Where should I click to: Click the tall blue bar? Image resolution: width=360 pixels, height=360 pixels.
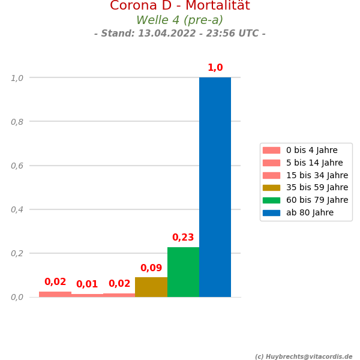[215, 187]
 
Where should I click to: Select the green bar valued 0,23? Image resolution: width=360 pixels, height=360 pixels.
[183, 272]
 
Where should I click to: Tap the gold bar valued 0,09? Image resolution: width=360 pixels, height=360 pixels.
[151, 287]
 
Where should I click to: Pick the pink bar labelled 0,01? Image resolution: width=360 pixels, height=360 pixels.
[87, 295]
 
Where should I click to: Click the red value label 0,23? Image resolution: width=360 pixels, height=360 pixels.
[183, 238]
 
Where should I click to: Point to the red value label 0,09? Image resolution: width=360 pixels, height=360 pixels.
[151, 268]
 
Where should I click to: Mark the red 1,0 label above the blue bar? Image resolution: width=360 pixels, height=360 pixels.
[215, 68]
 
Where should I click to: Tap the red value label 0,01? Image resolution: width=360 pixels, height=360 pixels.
[87, 284]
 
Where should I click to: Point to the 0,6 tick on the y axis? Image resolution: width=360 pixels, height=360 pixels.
[17, 166]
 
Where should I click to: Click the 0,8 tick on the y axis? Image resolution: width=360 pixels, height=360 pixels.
[17, 122]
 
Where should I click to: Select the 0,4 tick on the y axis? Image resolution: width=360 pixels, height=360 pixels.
[17, 209]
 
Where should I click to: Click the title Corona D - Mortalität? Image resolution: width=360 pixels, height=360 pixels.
[180, 6]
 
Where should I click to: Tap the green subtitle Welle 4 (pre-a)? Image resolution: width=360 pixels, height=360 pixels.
[180, 20]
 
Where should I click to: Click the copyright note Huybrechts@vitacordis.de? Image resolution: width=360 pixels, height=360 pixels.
[304, 356]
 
